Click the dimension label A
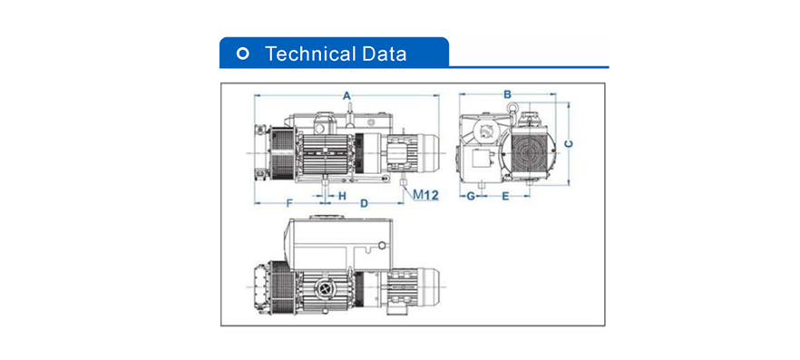tap(346, 95)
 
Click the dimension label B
tap(507, 94)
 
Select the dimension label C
tap(570, 144)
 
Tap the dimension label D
tap(364, 203)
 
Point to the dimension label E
tap(505, 196)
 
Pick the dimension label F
tap(288, 203)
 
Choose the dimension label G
tap(471, 196)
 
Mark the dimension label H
tap(342, 195)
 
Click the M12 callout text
tap(425, 194)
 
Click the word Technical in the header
tap(308, 54)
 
